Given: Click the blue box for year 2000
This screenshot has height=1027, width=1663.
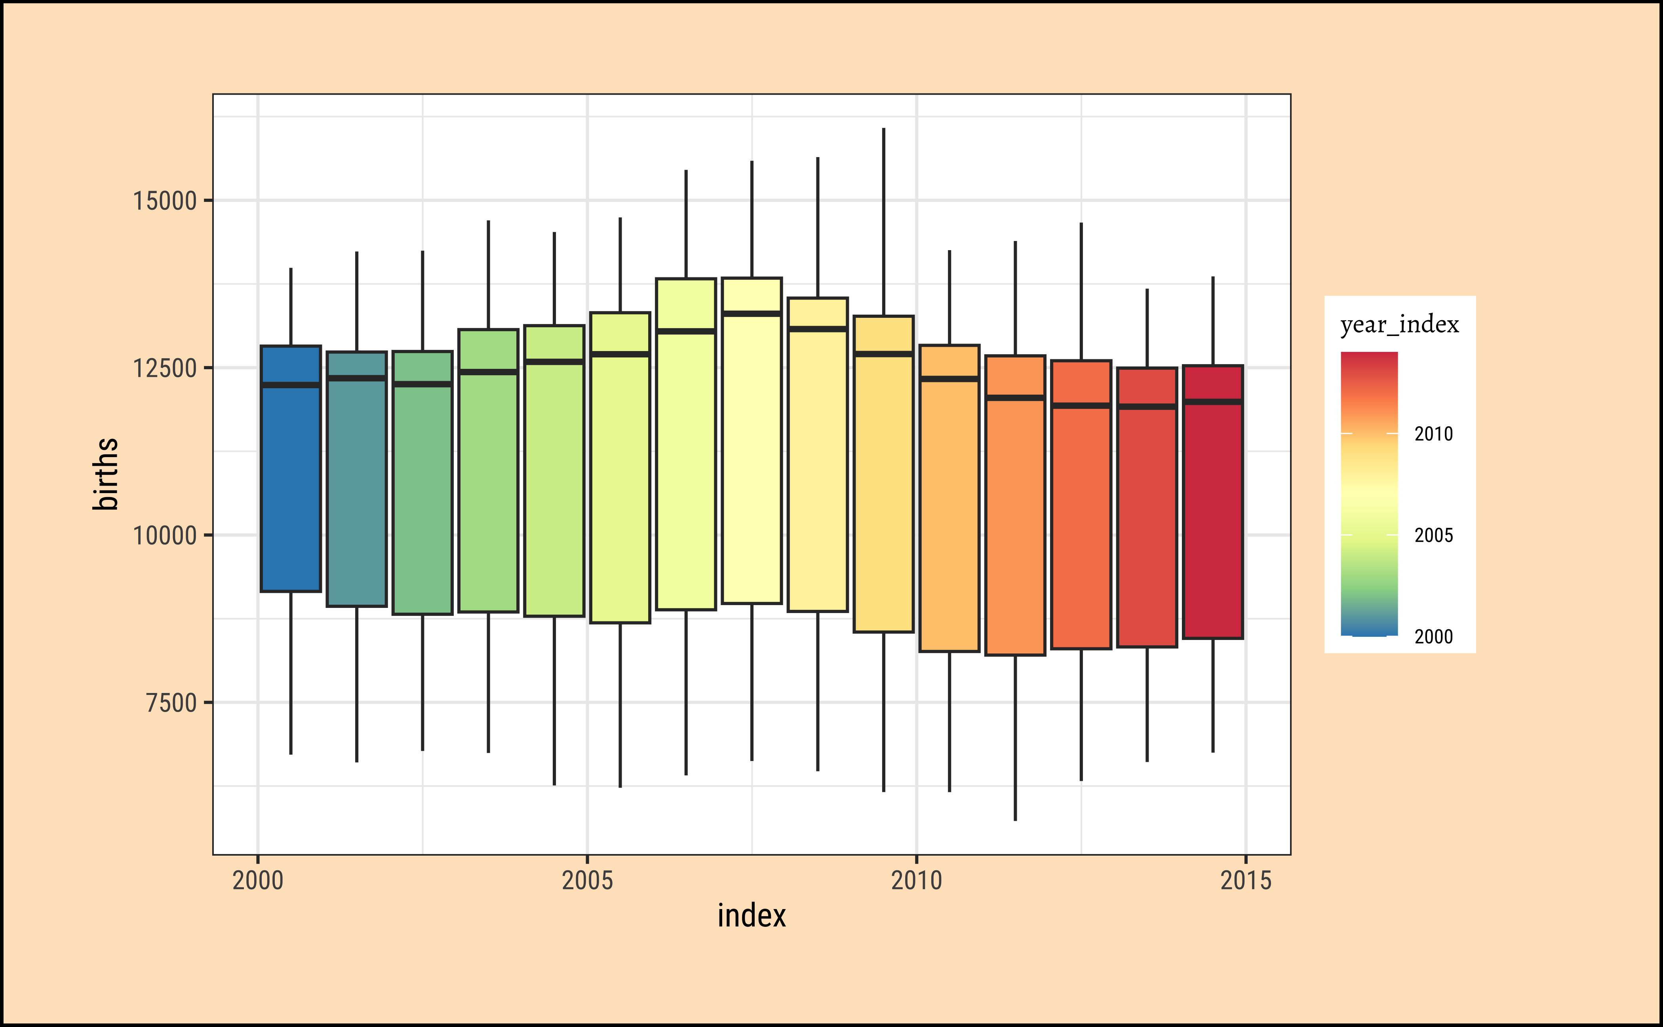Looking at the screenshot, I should pos(291,489).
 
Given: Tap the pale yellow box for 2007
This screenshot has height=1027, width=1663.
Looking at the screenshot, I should pos(752,462).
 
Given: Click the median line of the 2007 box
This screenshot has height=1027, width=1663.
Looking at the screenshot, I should pos(752,314).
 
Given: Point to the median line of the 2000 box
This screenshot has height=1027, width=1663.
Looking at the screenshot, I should pos(291,385).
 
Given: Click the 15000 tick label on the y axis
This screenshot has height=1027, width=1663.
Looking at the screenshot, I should pos(164,201).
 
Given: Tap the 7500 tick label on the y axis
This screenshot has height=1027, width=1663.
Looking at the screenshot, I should pos(171,703).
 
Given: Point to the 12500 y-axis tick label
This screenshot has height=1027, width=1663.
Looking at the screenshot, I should pos(164,368).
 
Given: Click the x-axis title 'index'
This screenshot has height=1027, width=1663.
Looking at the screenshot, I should pos(752,916).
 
